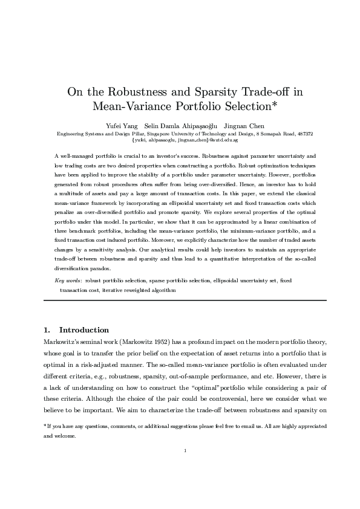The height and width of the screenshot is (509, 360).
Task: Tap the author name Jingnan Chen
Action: pyautogui.click(x=243, y=125)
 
